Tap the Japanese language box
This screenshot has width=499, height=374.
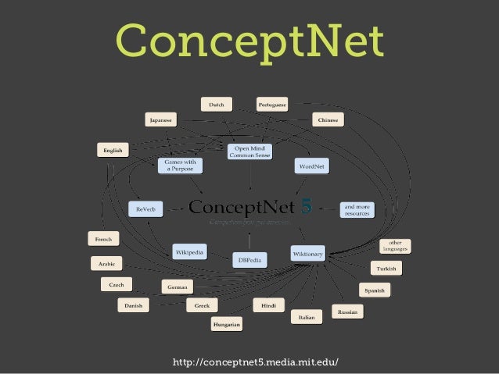161,120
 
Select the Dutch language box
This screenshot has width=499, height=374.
217,104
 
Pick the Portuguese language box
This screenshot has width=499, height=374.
272,104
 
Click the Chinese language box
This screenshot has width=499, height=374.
328,120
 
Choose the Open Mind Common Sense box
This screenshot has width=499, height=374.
250,151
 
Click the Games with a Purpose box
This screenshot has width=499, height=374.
181,166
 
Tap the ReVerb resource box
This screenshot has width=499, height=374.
145,208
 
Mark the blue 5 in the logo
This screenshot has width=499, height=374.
306,207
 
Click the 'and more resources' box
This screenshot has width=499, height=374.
357,209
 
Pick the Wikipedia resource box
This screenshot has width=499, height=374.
190,252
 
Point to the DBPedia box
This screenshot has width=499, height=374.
249,259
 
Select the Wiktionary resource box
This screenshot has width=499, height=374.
307,254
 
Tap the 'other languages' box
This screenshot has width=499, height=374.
395,246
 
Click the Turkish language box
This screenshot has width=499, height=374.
386,268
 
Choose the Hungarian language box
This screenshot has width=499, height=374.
227,322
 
